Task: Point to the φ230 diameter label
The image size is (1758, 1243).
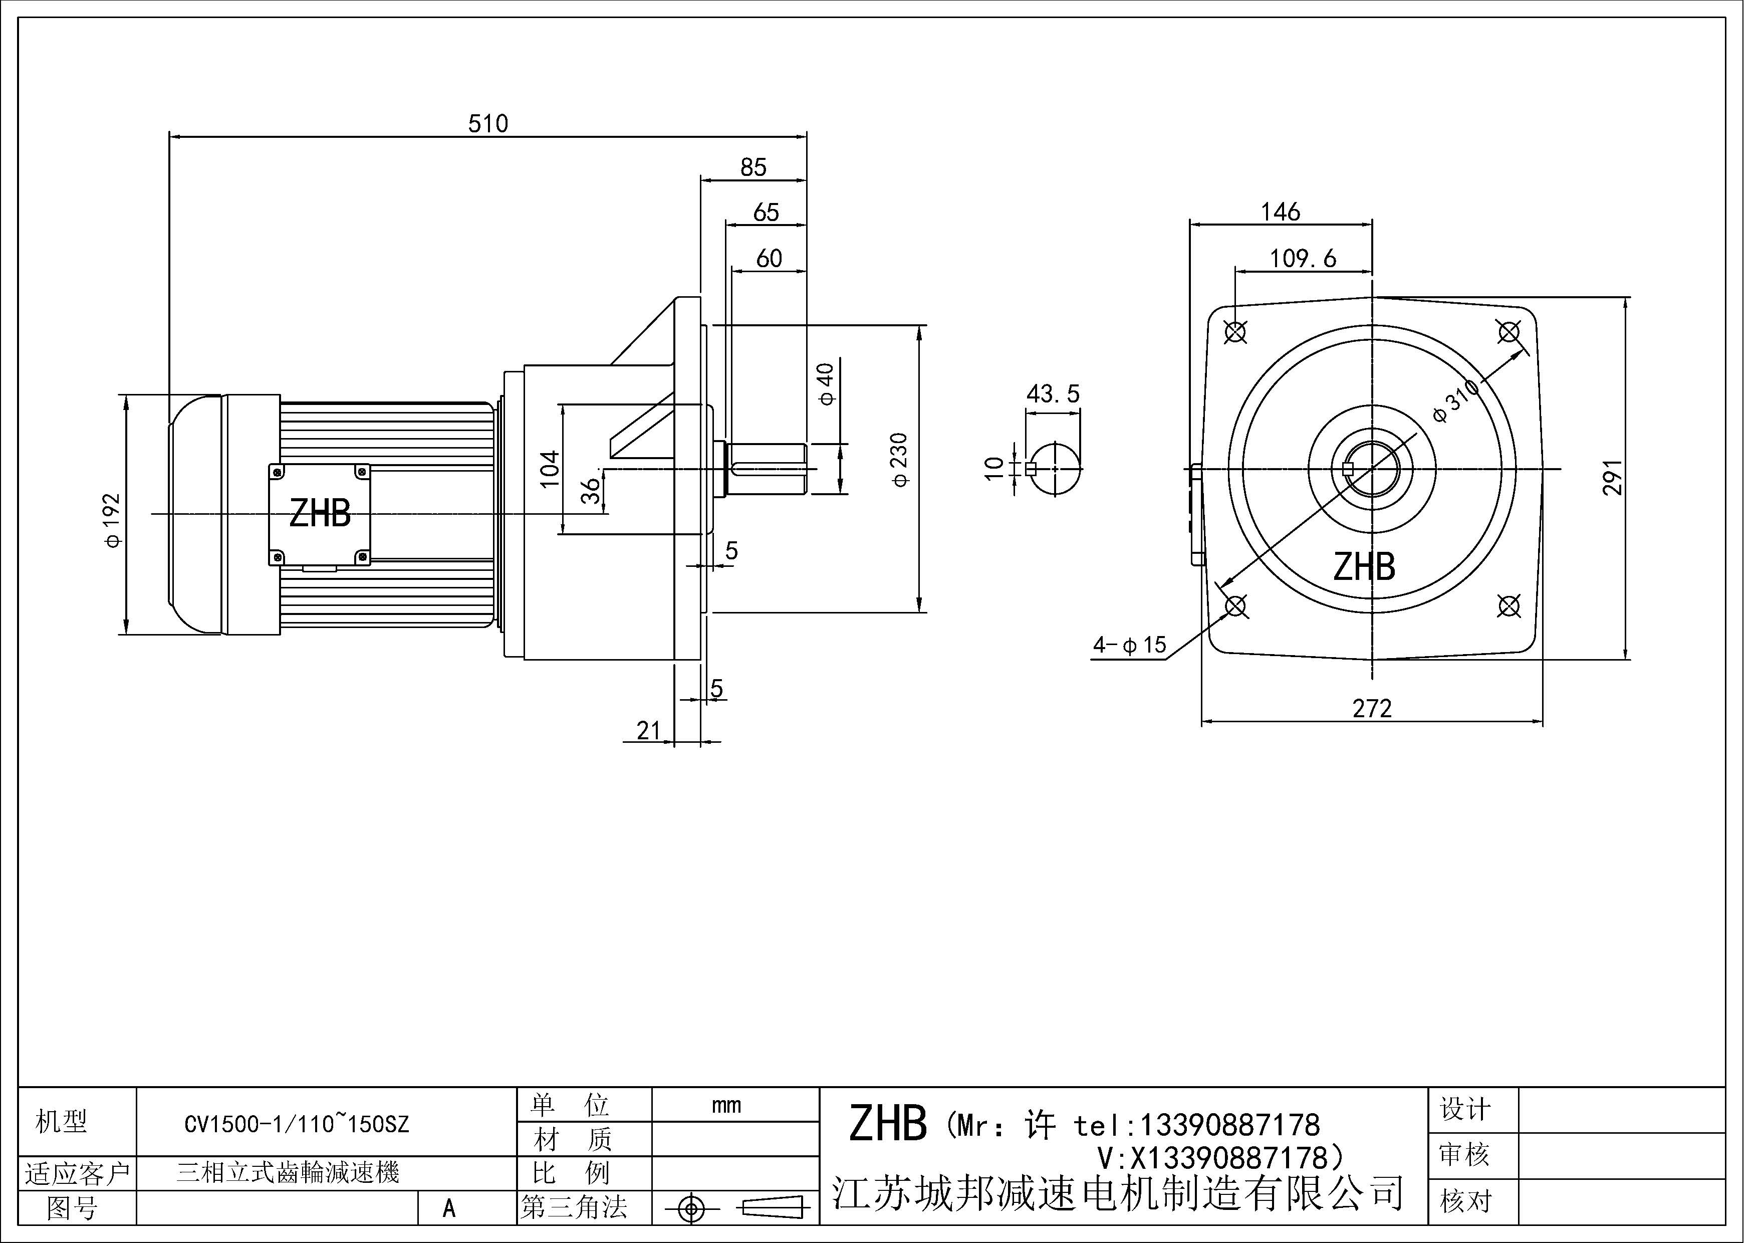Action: [x=900, y=460]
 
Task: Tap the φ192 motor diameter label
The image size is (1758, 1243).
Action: [x=113, y=520]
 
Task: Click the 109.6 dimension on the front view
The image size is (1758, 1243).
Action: [x=1303, y=259]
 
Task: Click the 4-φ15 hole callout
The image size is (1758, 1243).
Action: [x=1129, y=645]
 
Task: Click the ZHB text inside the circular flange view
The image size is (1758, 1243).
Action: [x=1364, y=567]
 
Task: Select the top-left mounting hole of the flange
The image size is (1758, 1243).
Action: [x=1235, y=332]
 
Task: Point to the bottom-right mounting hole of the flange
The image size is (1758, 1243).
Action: [x=1509, y=606]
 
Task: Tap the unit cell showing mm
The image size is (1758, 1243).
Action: [x=726, y=1105]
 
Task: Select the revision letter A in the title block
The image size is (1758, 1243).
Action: [x=449, y=1208]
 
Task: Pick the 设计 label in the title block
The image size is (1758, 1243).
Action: [x=1465, y=1110]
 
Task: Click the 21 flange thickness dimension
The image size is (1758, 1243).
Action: [x=648, y=731]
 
